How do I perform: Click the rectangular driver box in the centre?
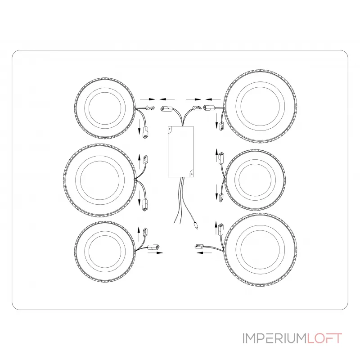click(181, 152)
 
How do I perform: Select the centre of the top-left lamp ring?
click(105, 108)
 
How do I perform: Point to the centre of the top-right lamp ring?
click(260, 106)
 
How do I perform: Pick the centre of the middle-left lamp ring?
click(100, 180)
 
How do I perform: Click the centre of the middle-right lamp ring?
click(255, 180)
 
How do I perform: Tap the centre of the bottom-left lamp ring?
click(105, 252)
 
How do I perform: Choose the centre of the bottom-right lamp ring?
click(260, 250)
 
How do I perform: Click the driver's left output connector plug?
click(165, 108)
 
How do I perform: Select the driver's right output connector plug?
click(197, 108)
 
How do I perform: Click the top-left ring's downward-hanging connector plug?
click(145, 132)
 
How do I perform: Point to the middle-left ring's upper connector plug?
click(145, 159)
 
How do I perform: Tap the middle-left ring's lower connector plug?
click(145, 205)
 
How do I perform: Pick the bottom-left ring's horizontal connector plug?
click(154, 247)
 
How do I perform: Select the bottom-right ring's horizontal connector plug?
click(199, 246)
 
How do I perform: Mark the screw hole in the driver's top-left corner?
click(170, 129)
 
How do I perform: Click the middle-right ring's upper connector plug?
click(221, 157)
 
